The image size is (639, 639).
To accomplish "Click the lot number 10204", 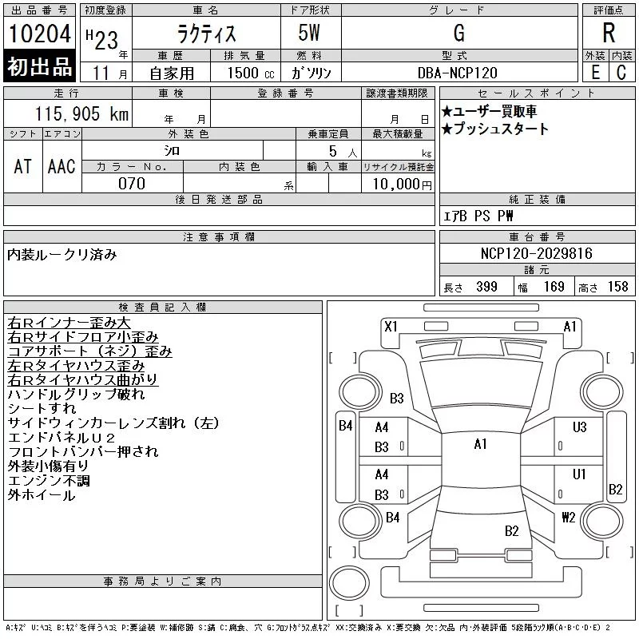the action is (x=40, y=33).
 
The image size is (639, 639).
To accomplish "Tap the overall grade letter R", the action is (x=609, y=33).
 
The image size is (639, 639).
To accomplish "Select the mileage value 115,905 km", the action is (x=81, y=113).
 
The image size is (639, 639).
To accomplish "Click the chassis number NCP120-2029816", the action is (x=536, y=253).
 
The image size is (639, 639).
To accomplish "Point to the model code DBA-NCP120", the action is (x=457, y=73).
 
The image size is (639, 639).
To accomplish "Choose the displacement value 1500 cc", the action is (x=251, y=73).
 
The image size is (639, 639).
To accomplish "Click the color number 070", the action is (x=132, y=184).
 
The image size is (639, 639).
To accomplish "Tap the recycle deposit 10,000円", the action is (x=402, y=185).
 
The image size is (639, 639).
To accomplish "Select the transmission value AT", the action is (x=22, y=166).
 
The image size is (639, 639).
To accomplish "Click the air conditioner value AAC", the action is (x=62, y=166).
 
